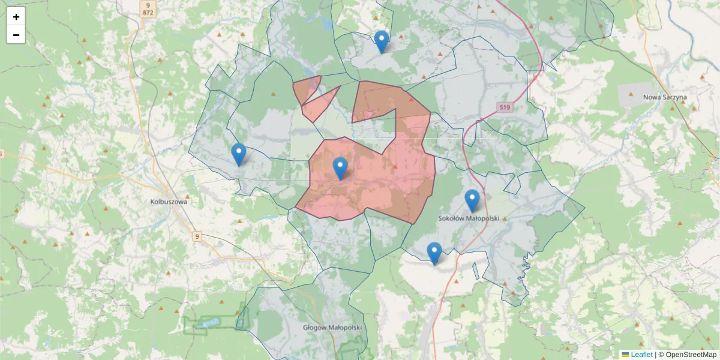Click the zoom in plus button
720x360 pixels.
16,17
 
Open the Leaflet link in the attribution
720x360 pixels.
641,355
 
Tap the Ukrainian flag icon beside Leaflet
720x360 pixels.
625,355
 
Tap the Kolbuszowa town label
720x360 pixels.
169,202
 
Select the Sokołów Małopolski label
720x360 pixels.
469,219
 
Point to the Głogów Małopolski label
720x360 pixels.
332,327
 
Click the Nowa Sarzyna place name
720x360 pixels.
664,97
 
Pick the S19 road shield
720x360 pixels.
504,107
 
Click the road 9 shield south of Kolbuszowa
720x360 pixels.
197,237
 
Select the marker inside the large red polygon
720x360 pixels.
340,169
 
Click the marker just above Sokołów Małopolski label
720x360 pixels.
472,201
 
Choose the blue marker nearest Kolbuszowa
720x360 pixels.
239,155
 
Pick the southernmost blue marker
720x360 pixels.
434,253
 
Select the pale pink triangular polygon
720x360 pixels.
319,105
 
